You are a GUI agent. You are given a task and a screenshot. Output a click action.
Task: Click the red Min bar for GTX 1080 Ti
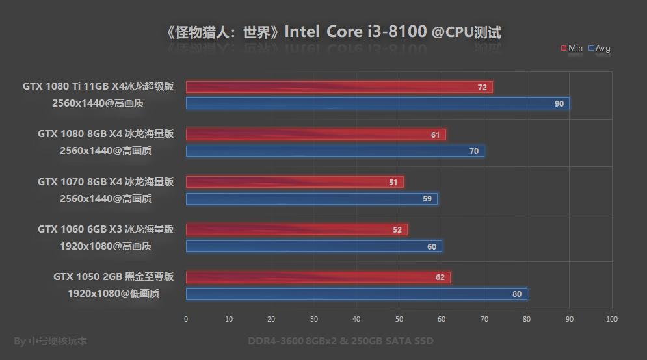coord(338,87)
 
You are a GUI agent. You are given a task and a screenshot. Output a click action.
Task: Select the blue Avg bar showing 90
coord(377,103)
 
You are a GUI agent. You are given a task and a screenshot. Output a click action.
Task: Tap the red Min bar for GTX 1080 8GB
coord(315,135)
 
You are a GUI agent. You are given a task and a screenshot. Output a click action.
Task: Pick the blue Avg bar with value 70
coord(335,151)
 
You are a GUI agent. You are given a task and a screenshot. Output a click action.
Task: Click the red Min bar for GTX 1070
coord(295,183)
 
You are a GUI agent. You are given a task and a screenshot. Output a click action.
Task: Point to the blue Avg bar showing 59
coord(311,198)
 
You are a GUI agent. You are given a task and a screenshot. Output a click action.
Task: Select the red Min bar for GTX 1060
coord(297,229)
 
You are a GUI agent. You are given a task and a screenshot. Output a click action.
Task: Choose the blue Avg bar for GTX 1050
coord(356,294)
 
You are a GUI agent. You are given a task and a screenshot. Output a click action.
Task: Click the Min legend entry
coord(572,48)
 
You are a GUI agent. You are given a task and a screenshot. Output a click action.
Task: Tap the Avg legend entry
coord(599,48)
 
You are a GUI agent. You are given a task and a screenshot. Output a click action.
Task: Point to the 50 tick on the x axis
coord(399,319)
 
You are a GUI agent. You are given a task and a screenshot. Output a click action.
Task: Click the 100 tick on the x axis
coord(611,319)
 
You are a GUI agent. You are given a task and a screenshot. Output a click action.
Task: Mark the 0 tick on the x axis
coord(186,319)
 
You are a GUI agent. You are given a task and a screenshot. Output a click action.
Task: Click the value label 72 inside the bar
coord(482,87)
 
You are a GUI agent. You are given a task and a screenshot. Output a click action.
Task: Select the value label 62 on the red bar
coord(440,277)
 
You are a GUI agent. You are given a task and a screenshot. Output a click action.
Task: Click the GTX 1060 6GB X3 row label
coord(105,229)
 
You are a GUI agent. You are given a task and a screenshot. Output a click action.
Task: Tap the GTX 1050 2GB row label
coord(113,277)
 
